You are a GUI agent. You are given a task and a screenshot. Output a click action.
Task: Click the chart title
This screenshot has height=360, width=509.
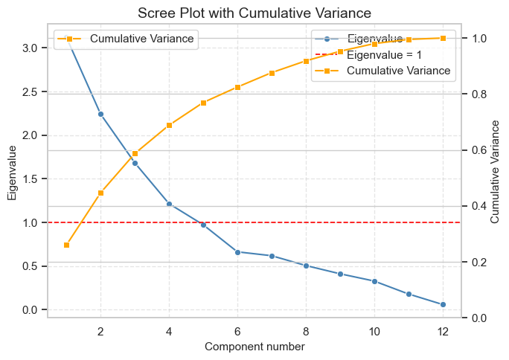(x=254, y=13)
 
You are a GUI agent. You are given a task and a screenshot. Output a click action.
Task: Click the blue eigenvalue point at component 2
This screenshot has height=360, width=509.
(x=100, y=114)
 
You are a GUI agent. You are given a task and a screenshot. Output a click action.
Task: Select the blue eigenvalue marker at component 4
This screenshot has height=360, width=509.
(x=169, y=204)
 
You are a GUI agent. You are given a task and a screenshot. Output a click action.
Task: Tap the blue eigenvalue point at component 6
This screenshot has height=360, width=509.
(x=237, y=252)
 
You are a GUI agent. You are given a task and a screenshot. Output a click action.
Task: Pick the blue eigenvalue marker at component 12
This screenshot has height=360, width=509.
(x=443, y=304)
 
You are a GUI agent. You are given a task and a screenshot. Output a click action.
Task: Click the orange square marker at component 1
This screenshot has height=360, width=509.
(x=66, y=245)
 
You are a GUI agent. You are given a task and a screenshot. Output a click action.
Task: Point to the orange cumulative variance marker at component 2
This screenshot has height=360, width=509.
(x=100, y=193)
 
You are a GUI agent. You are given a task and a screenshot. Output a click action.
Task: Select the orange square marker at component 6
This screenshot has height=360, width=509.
(x=237, y=87)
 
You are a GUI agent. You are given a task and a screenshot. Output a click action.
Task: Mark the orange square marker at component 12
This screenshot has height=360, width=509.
(x=443, y=38)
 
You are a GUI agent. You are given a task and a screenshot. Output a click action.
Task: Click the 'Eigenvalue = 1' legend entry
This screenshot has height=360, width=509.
(x=384, y=54)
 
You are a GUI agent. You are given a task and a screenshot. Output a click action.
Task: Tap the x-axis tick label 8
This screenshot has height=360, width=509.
(x=306, y=331)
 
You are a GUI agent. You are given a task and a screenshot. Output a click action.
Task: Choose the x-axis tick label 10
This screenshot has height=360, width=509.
(x=374, y=331)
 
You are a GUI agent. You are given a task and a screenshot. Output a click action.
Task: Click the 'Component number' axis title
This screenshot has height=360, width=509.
(x=254, y=347)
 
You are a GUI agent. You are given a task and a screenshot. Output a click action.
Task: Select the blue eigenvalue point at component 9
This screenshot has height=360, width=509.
(x=340, y=274)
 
